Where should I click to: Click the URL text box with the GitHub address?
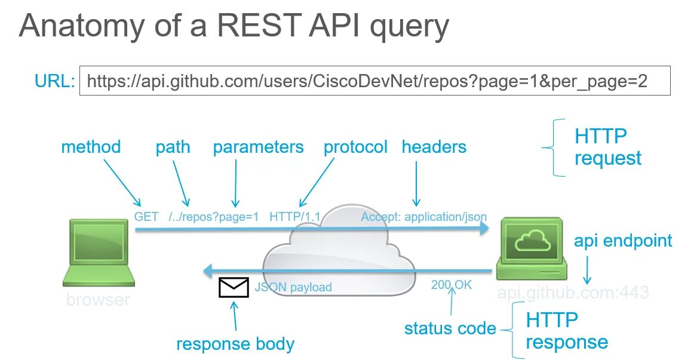point(374,81)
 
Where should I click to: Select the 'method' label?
point(91,147)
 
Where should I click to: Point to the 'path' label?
point(173,147)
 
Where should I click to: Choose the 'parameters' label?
point(258,147)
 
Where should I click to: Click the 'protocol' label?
point(355,147)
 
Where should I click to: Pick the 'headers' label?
point(434,147)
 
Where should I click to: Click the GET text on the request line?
point(146,217)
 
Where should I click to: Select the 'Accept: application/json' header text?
point(423,217)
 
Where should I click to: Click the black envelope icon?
point(234,288)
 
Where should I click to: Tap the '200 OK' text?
point(451,285)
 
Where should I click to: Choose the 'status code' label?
point(450,328)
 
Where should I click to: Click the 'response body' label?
point(235,344)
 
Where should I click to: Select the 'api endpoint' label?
point(623,241)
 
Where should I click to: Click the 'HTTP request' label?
point(607,147)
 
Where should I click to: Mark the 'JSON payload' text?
point(293,287)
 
